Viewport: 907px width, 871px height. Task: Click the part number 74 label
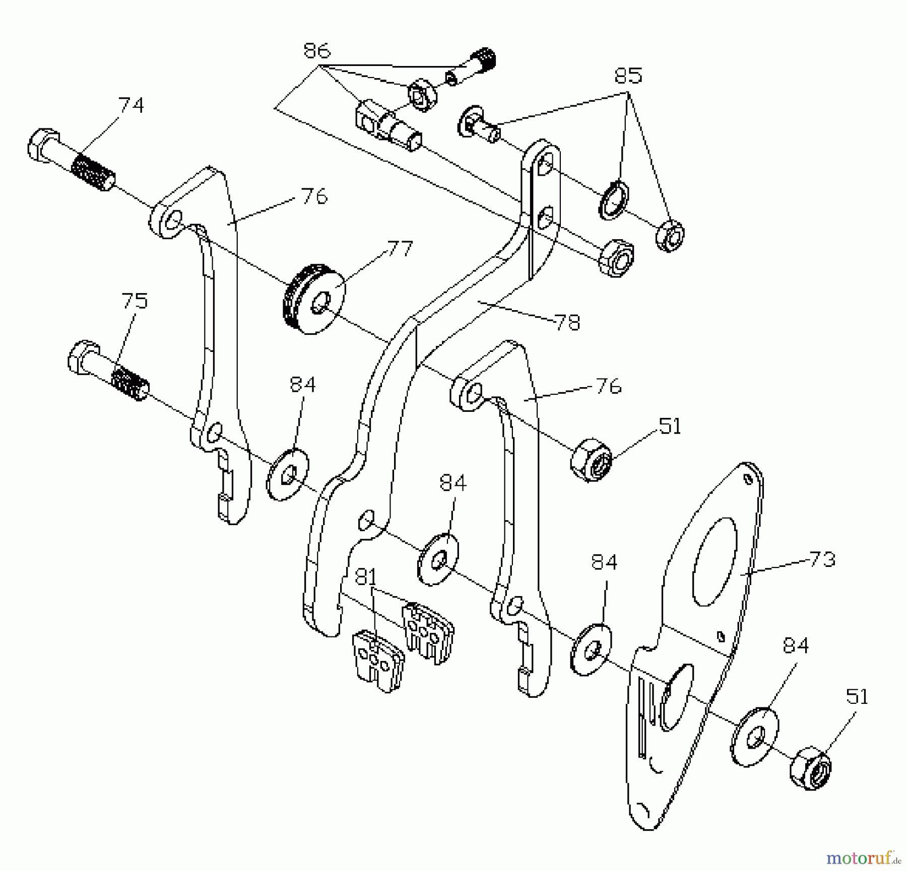tap(131, 105)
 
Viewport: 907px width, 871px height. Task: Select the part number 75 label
tap(135, 301)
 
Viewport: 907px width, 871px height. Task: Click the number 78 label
tap(567, 322)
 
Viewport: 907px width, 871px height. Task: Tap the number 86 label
tap(316, 50)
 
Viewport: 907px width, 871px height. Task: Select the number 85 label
tap(628, 76)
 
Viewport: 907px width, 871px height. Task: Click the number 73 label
tap(822, 559)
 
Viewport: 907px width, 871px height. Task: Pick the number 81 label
tap(366, 577)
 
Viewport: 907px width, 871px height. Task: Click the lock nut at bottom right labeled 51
tap(810, 768)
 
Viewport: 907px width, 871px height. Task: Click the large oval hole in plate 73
tap(715, 561)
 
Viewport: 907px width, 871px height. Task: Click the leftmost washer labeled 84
tap(287, 473)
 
